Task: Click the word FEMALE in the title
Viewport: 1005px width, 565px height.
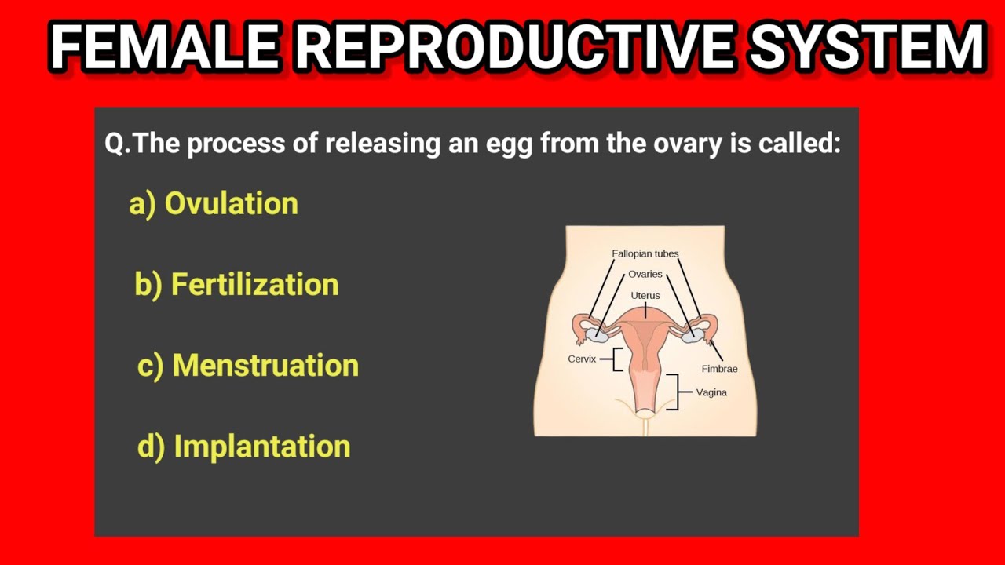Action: (x=163, y=47)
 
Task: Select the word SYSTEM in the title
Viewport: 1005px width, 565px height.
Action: (x=865, y=47)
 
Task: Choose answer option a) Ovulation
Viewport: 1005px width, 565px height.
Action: (x=214, y=203)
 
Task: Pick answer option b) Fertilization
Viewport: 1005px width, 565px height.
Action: (x=236, y=284)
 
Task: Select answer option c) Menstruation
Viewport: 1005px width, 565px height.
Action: (x=247, y=365)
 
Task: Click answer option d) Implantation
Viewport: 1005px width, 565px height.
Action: (x=243, y=446)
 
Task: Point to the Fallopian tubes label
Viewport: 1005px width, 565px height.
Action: (x=645, y=253)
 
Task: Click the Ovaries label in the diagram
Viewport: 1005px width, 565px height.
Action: (x=645, y=275)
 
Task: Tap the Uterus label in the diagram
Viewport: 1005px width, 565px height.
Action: (x=645, y=295)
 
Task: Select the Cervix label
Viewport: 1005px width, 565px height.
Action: (x=582, y=359)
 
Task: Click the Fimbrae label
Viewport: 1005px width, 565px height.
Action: (x=719, y=369)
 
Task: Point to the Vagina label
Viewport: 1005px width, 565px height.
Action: (x=711, y=392)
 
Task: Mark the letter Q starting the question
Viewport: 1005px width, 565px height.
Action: (x=115, y=145)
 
